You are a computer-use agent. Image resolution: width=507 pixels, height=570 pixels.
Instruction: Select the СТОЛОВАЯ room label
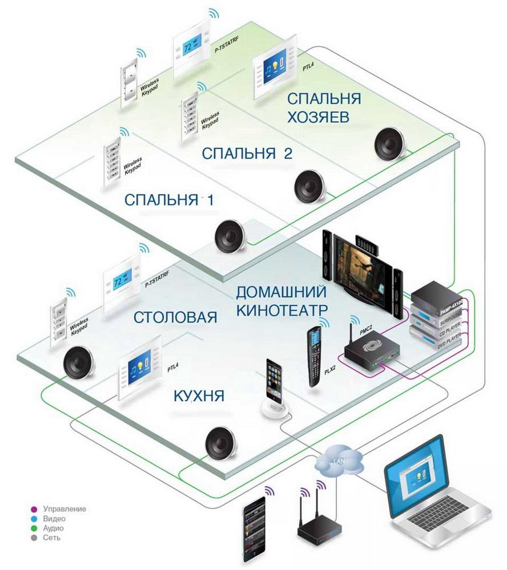click(x=176, y=317)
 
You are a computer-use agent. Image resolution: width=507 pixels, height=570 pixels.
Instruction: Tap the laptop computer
click(x=433, y=486)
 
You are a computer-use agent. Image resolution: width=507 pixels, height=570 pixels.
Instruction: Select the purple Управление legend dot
click(x=34, y=508)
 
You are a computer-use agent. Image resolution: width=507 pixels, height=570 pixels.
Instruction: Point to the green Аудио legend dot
click(x=34, y=528)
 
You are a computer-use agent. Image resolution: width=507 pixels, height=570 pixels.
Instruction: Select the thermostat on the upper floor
click(x=194, y=49)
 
